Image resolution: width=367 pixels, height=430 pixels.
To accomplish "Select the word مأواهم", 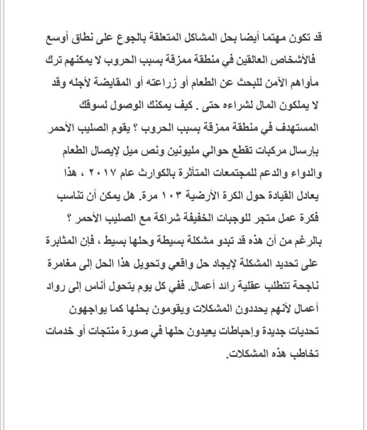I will pos(303,83).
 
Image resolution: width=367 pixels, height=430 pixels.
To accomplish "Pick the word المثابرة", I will pos(63,241).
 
